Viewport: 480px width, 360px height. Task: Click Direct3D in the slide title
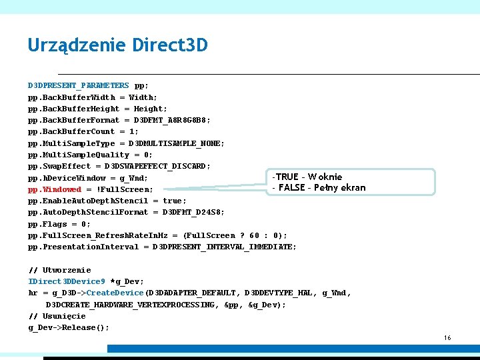170,45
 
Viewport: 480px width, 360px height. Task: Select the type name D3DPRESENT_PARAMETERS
79,85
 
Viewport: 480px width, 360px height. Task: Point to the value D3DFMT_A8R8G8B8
172,120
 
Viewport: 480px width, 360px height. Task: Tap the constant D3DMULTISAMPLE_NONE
177,143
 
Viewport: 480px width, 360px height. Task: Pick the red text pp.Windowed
55,189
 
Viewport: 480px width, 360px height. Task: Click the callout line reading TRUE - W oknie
307,177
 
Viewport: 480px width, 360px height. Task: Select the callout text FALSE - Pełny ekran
319,187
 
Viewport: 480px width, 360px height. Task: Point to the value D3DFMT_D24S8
189,212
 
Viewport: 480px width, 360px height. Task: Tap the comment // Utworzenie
59,270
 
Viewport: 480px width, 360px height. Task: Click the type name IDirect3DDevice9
67,281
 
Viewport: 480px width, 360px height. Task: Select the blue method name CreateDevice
115,293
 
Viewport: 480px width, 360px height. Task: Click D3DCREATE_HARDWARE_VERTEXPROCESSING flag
131,305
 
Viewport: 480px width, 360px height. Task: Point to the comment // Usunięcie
57,316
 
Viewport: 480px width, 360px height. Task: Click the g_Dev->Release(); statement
69,327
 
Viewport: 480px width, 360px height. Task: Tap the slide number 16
447,338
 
